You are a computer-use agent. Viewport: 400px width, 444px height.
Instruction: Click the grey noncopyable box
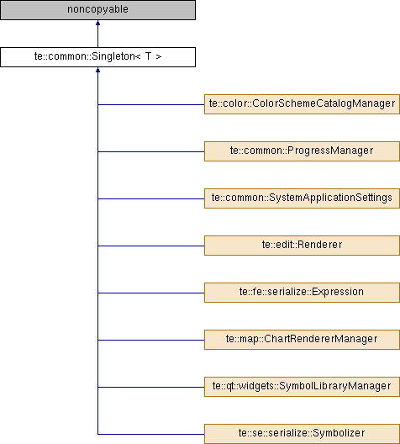click(97, 10)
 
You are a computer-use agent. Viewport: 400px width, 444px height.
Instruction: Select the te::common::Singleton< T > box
click(97, 57)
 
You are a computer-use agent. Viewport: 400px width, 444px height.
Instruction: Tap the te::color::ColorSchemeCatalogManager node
click(302, 104)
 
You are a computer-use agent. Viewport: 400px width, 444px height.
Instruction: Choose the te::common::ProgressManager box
click(302, 151)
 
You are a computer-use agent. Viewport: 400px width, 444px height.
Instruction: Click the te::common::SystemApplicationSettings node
click(302, 198)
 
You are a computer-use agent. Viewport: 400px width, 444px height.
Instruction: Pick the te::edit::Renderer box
click(302, 246)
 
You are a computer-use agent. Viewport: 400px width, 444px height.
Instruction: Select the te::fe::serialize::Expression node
click(302, 293)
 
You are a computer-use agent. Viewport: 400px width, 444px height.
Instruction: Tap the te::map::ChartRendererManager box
click(302, 340)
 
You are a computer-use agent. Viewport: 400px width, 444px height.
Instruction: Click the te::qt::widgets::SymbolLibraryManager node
click(302, 387)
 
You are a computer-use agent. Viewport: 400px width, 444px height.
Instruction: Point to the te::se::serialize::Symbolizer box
click(302, 434)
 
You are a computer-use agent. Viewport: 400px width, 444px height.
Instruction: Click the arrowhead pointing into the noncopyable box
click(97, 23)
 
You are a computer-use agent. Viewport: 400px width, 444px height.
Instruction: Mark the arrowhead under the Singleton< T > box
click(97, 70)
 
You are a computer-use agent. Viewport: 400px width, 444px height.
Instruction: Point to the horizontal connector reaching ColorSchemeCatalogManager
click(151, 104)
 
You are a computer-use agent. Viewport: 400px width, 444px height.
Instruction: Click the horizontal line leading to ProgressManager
click(151, 151)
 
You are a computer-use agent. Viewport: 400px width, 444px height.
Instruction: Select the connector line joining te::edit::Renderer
click(151, 246)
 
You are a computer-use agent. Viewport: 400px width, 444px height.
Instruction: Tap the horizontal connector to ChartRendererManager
click(151, 340)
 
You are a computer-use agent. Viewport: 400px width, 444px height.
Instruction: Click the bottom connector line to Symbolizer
click(151, 434)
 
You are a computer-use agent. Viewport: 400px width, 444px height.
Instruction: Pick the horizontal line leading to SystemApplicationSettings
click(151, 198)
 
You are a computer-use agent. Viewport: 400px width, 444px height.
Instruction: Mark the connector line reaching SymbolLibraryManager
click(151, 387)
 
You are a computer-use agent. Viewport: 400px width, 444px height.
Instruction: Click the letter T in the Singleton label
click(148, 56)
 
